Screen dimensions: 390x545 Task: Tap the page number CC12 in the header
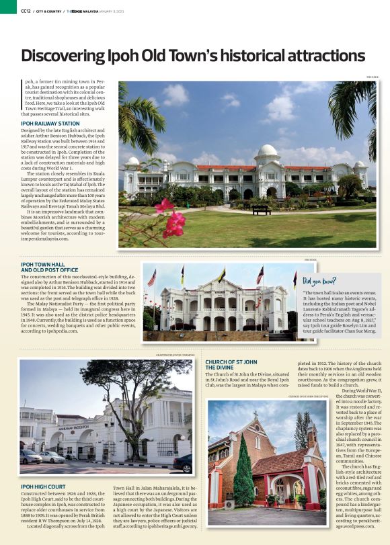[x=26, y=10]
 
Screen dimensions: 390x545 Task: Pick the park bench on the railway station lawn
[x=262, y=210]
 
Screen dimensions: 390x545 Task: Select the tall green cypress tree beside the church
[x=243, y=470]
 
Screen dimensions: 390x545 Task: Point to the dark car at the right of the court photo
[x=182, y=463]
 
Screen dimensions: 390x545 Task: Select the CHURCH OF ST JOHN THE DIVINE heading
[x=230, y=365]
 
